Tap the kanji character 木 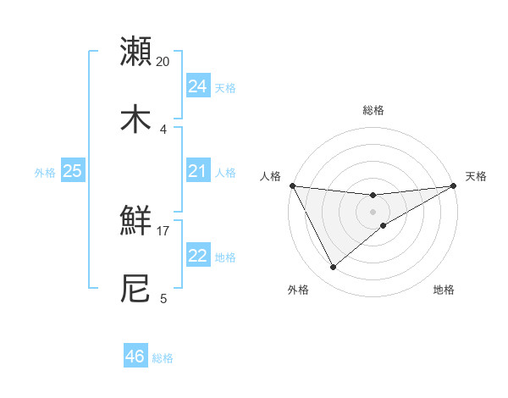pyautogui.click(x=136, y=118)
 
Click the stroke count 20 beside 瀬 pyautogui.click(x=163, y=62)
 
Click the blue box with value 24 pyautogui.click(x=198, y=86)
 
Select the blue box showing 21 pyautogui.click(x=198, y=171)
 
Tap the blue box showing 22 pyautogui.click(x=198, y=256)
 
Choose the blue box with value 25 pyautogui.click(x=73, y=171)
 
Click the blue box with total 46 pyautogui.click(x=135, y=357)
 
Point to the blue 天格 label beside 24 pyautogui.click(x=225, y=88)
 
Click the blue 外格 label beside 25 pyautogui.click(x=45, y=173)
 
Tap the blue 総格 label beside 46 pyautogui.click(x=163, y=358)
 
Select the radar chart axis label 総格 pyautogui.click(x=373, y=110)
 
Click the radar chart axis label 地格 pyautogui.click(x=444, y=290)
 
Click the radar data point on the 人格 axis pyautogui.click(x=292, y=185)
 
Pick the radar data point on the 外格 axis pyautogui.click(x=333, y=268)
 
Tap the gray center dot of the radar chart pyautogui.click(x=373, y=211)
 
